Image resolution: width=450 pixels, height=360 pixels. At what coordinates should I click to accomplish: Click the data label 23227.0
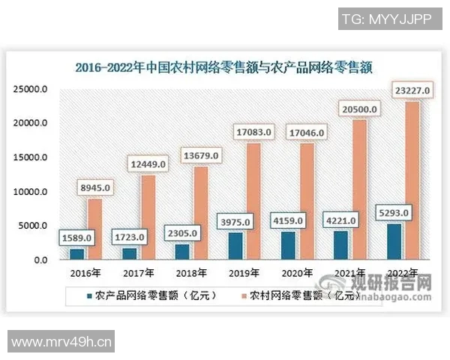click(x=410, y=91)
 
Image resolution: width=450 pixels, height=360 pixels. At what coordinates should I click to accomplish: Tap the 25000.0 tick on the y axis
click(x=31, y=89)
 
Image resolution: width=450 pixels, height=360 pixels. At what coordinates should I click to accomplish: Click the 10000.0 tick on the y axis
click(x=31, y=192)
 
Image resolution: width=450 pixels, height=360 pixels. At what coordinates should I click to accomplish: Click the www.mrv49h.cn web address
click(x=62, y=344)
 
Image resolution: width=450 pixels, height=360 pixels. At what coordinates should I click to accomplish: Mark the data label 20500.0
click(x=358, y=110)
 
